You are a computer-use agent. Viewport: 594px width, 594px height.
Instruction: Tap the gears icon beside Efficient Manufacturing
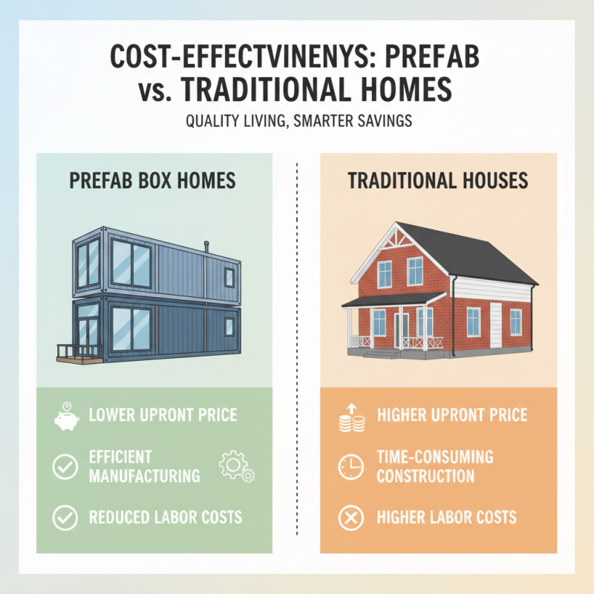tap(236, 466)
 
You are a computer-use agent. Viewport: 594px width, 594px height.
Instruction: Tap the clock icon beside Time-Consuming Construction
tap(350, 466)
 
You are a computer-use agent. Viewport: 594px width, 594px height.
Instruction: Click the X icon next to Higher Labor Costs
tap(350, 518)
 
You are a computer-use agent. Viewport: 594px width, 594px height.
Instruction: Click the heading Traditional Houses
tap(438, 180)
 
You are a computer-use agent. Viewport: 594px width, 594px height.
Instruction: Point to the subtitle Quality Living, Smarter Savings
tap(296, 121)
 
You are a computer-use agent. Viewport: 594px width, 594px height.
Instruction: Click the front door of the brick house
tap(402, 330)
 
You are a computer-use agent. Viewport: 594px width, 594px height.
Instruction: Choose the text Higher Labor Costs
tap(446, 518)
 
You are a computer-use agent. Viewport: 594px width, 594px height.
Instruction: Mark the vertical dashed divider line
tap(297, 349)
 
